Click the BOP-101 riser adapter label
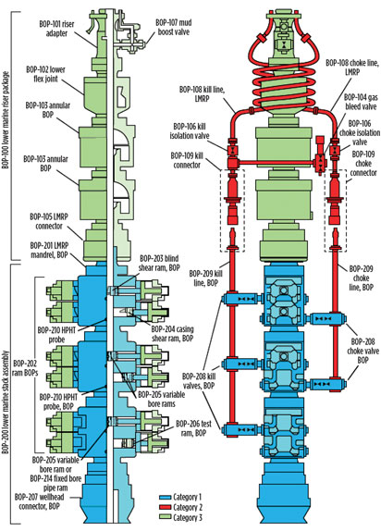(x=55, y=29)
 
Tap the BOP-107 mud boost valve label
(x=174, y=28)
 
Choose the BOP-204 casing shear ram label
(x=172, y=334)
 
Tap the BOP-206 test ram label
(x=193, y=428)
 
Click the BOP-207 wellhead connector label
(x=39, y=501)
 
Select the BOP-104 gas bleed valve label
(x=361, y=102)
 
